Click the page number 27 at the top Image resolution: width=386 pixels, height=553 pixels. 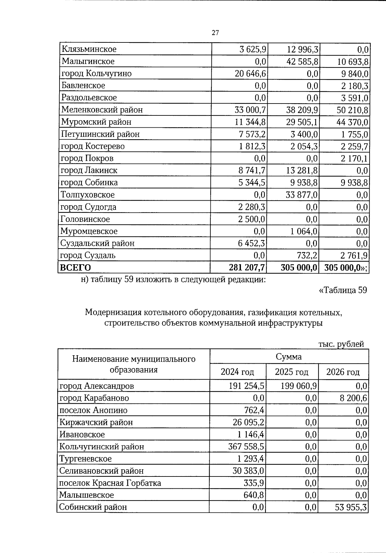215,32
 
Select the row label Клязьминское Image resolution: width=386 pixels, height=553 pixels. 89,50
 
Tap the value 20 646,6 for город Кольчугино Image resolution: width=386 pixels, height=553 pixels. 251,74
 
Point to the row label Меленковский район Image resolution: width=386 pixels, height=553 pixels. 102,110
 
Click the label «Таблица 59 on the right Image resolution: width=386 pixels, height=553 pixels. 343,290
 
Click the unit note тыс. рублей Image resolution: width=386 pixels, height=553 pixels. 341,344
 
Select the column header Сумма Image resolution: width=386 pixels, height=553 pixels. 289,357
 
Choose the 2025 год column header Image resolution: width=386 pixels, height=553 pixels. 291,372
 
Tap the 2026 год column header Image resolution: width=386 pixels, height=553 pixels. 343,372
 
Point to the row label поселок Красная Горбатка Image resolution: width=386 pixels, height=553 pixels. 110,483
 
